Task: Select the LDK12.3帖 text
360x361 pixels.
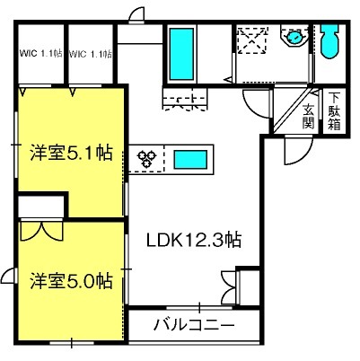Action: pyautogui.click(x=194, y=240)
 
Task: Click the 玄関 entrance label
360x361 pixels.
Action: pyautogui.click(x=308, y=116)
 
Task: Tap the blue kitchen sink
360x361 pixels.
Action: pyautogui.click(x=190, y=160)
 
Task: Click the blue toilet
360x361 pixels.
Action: pyautogui.click(x=329, y=40)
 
